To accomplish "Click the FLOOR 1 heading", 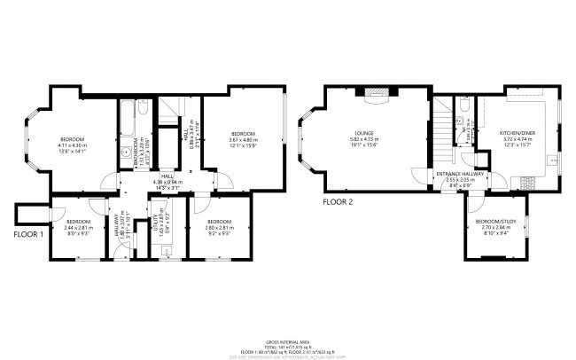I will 28,236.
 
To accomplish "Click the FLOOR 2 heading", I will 338,202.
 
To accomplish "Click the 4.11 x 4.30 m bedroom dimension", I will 72,145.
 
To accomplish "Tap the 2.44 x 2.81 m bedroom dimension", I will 77,227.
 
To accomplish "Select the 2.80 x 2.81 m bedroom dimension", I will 219,227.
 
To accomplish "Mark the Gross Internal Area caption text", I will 287,341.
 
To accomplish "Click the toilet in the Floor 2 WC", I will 463,121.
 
